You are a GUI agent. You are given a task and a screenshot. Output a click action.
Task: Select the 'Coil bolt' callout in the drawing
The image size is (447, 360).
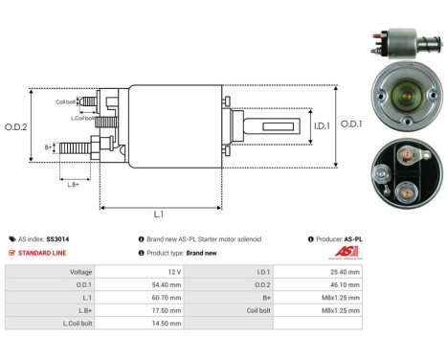coord(65,101)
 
